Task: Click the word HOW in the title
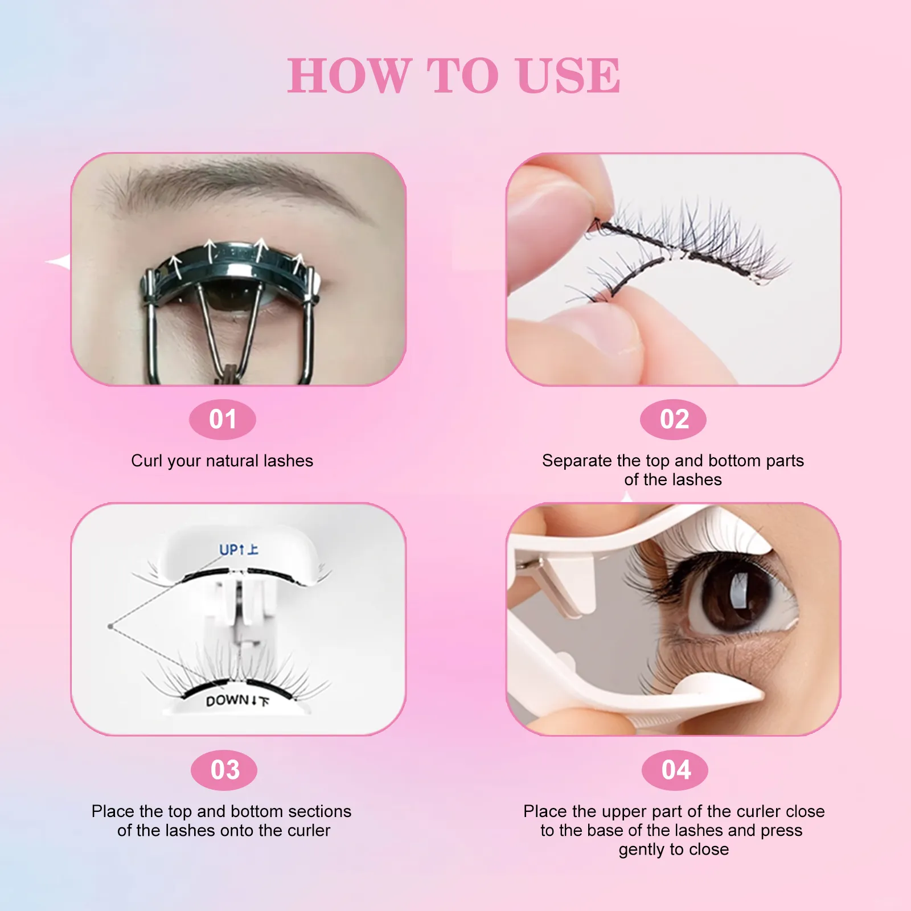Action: (350, 76)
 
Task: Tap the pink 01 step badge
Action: (223, 420)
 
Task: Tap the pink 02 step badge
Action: (674, 420)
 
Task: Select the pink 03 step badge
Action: (224, 770)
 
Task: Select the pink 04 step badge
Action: (675, 770)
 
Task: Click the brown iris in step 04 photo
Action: (734, 598)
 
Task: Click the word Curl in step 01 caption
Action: (146, 461)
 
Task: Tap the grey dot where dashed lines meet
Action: (110, 626)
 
